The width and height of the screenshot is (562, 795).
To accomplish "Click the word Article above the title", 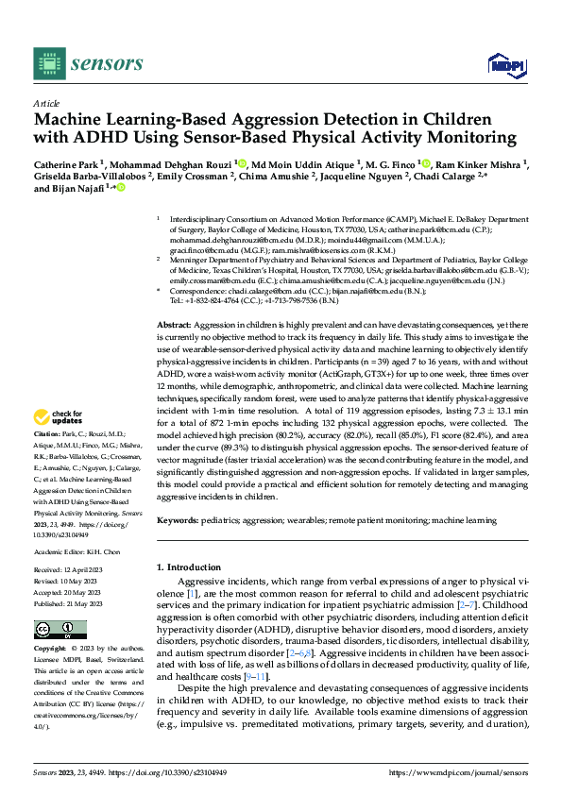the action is pyautogui.click(x=45, y=103).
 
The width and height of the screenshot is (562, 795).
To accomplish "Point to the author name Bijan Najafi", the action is pyautogui.click(x=79, y=189).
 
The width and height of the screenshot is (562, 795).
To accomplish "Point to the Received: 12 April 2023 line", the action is pyautogui.click(x=75, y=571).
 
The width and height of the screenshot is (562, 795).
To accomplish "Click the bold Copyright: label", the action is pyautogui.click(x=52, y=650).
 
